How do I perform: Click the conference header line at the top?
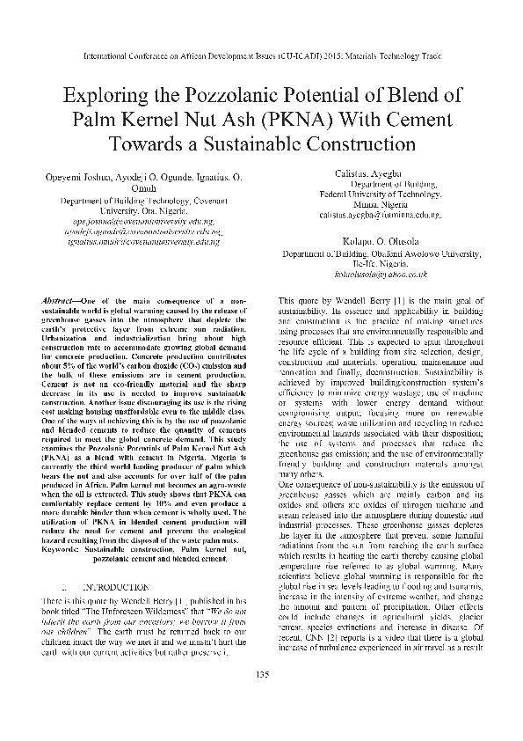pos(261,54)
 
